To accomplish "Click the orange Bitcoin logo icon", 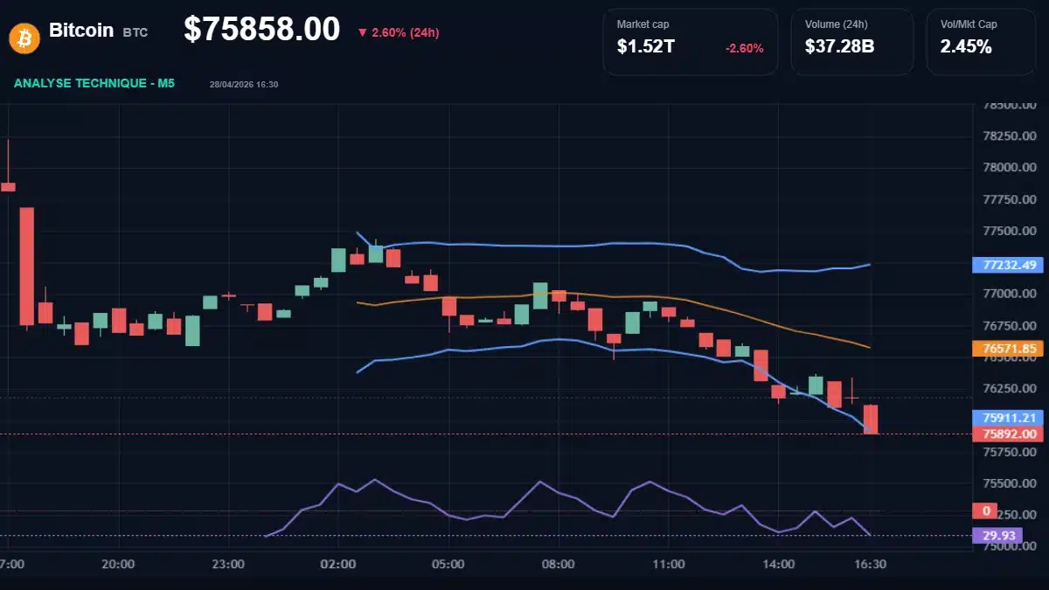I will click(x=24, y=37).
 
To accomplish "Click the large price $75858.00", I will click(x=261, y=30).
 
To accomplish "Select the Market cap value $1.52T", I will click(x=645, y=47).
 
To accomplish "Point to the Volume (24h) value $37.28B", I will click(x=839, y=47).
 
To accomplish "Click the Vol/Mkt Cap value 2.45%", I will click(x=966, y=47).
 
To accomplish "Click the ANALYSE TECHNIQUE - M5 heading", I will click(x=94, y=83).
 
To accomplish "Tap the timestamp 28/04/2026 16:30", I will click(x=244, y=84).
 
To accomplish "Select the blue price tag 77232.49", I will click(x=1009, y=265).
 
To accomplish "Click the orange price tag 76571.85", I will click(x=1009, y=349).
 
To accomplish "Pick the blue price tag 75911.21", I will click(x=1009, y=418).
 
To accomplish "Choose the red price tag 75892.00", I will click(x=1009, y=434).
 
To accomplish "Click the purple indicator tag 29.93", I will click(x=997, y=536).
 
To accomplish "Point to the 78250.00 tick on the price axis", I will click(x=1010, y=136).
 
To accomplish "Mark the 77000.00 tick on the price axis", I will click(x=1010, y=294).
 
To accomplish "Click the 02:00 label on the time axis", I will click(x=338, y=565).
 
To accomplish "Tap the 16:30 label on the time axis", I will click(x=871, y=565).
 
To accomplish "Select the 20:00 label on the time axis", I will click(x=117, y=565).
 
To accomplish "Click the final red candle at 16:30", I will click(x=871, y=419).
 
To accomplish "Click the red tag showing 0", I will click(x=985, y=510).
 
